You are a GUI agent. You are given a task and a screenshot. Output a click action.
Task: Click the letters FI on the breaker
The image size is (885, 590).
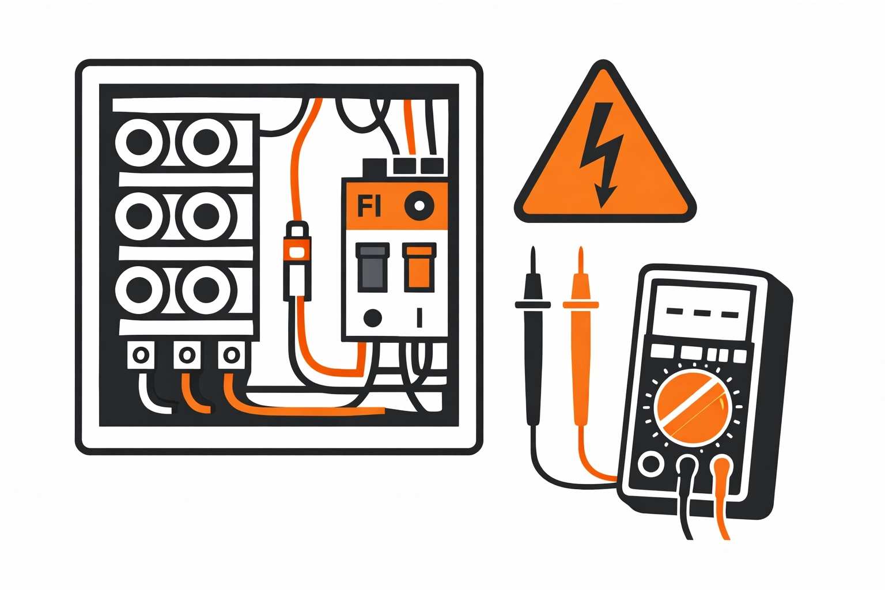coord(369,206)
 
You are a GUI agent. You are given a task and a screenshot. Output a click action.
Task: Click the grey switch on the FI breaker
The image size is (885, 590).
coord(373,267)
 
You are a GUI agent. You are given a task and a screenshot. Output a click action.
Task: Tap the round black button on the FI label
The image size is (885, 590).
coord(419,206)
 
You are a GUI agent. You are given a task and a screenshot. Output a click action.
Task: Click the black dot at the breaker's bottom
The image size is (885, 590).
coord(372,317)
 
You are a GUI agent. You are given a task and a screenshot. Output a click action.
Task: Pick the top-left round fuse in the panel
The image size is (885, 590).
coord(139,142)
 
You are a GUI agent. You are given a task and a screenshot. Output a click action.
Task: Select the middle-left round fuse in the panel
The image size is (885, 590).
coord(139,215)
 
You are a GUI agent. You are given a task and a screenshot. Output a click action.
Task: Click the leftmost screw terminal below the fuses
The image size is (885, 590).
coord(141,355)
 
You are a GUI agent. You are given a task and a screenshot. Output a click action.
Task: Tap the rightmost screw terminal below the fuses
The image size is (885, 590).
coord(231,355)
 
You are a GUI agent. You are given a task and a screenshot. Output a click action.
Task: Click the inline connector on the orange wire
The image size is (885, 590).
coord(297,261)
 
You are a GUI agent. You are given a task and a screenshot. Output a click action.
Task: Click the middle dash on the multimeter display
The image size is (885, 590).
coord(702,313)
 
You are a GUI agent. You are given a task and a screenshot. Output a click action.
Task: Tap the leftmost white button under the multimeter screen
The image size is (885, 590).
coord(662,351)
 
